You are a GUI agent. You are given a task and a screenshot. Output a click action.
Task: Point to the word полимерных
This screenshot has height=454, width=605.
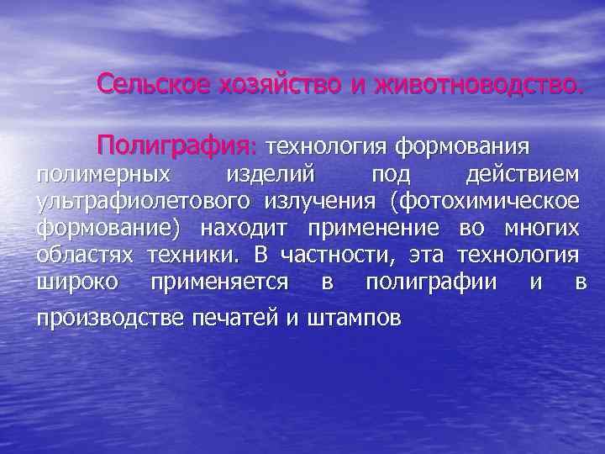[x=101, y=175]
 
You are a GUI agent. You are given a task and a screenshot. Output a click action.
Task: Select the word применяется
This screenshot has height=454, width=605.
[x=219, y=282]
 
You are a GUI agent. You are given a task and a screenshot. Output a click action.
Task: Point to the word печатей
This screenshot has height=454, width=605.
[x=236, y=319]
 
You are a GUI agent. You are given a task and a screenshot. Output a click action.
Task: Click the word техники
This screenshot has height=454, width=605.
[x=192, y=256]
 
